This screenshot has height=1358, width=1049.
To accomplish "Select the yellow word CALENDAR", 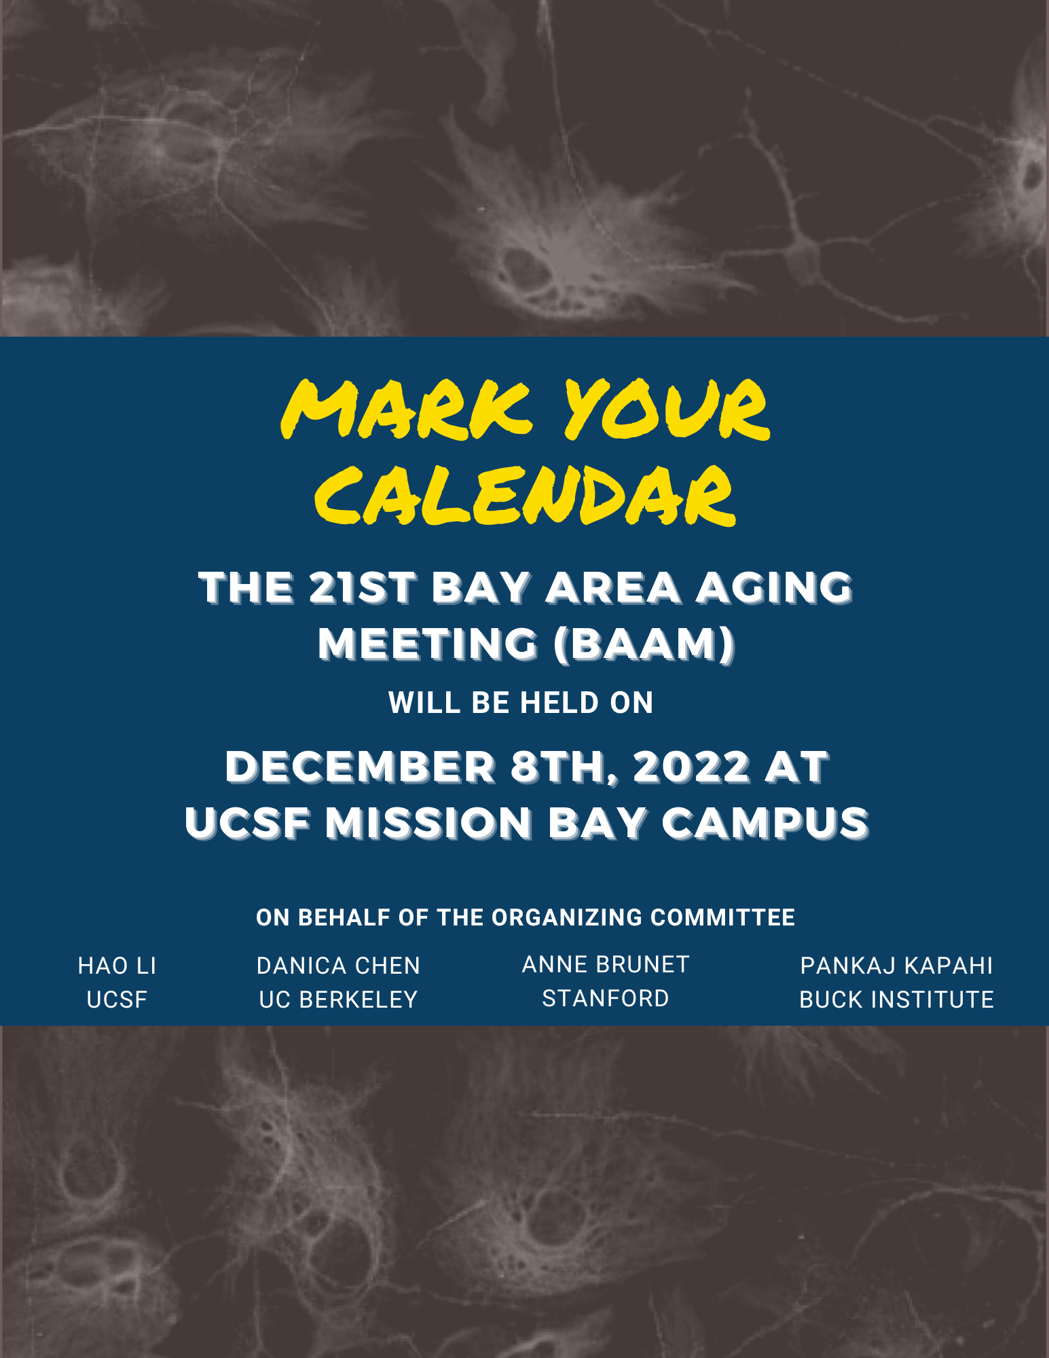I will coord(525,496).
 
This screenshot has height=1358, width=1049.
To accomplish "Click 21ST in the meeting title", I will coord(361,587).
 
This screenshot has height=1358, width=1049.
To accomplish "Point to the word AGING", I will coord(774,587).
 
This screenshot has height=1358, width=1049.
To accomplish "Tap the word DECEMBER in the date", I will coord(361,767).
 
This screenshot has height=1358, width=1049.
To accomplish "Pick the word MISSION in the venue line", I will coord(428,823).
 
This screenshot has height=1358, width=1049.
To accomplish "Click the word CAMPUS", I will coord(765,823).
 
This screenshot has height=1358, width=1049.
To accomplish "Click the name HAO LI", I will coord(117,966).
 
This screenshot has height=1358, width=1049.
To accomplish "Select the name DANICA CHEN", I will coord(338,966).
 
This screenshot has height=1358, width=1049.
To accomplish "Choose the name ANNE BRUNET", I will coord(606,964).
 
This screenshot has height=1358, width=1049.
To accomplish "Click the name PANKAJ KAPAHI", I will coord(896,966).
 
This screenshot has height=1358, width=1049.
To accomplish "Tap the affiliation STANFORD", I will coord(606,998).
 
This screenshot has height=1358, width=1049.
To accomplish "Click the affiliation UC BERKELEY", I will coord(338,999).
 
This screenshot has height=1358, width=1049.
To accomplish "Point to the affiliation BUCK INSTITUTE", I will coord(896,999).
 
